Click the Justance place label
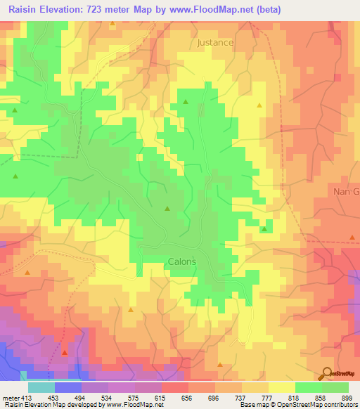pos(215,42)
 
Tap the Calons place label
pos(181,261)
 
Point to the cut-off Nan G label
pos(345,191)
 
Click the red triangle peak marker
pos(64,351)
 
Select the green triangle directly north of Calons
pos(167,208)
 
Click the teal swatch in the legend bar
pos(41,387)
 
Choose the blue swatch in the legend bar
pos(67,387)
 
